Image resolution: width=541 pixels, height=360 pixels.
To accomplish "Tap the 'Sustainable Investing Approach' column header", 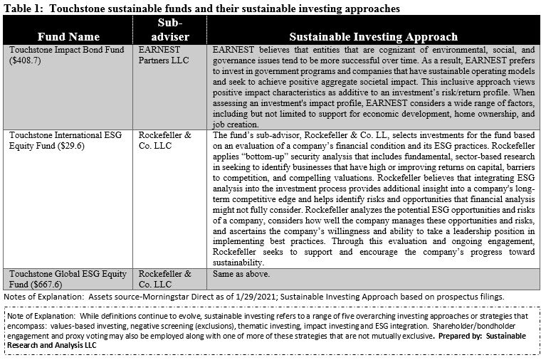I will [x=373, y=36].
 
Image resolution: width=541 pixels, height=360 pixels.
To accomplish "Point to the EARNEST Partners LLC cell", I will [x=164, y=55].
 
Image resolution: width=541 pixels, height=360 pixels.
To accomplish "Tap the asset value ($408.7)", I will [x=23, y=60].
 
